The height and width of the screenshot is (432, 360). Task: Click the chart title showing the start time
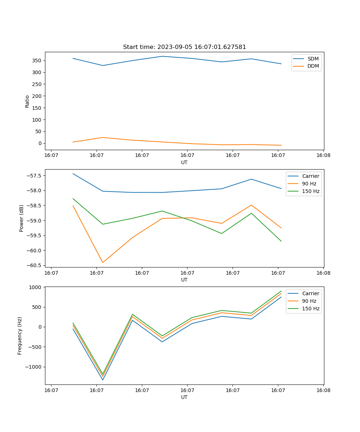184,47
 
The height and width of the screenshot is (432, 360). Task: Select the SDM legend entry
313,59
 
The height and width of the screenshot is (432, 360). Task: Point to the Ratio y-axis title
27,101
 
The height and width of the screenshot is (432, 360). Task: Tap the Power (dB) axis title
22,218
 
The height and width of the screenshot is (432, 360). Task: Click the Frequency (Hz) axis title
20,336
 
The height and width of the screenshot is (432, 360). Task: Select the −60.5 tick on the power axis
33,265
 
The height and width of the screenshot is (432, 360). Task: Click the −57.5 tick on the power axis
33,176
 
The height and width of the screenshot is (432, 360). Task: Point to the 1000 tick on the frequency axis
36,287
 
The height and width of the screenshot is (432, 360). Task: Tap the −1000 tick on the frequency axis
35,367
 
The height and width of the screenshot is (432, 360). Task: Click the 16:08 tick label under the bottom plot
323,390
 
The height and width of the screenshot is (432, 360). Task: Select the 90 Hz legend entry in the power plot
309,184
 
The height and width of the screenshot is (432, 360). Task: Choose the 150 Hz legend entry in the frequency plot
311,309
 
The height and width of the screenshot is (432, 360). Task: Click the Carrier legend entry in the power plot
310,176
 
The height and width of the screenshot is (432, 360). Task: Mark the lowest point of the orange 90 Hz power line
103,262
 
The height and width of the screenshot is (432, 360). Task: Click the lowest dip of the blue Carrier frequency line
103,380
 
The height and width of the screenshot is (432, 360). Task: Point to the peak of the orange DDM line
103,138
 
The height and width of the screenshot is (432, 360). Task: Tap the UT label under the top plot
184,162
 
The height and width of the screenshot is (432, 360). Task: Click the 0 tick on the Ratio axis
40,143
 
